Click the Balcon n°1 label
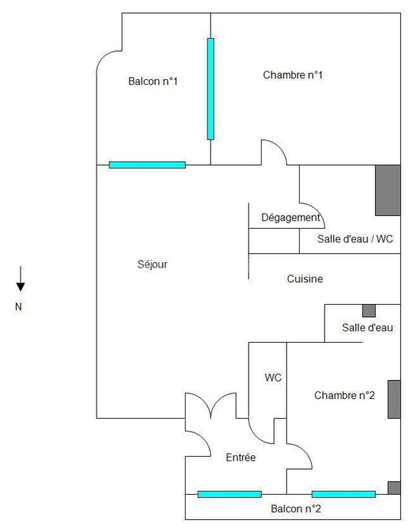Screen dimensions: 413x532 click(153, 81)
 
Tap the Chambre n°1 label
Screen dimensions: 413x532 click(293, 74)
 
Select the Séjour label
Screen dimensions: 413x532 click(152, 264)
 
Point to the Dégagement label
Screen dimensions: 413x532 click(291, 217)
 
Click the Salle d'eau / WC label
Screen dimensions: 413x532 click(355, 239)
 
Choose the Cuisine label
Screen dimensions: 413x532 click(305, 279)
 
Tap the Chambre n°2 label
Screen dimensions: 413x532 click(345, 395)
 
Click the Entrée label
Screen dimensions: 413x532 click(241, 458)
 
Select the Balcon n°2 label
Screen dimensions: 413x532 click(296, 508)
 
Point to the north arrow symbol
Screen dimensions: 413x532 click(21, 279)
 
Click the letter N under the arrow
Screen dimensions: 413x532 click(19, 307)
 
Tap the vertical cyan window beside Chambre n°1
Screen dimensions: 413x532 click(211, 89)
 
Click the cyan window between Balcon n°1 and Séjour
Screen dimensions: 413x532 click(147, 165)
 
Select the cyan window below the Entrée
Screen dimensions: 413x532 click(230, 494)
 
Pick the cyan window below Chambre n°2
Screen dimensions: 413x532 click(344, 494)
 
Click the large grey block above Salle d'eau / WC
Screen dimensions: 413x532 click(388, 190)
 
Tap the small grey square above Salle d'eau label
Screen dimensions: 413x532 click(369, 311)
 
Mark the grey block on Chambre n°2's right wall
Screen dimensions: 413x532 click(394, 399)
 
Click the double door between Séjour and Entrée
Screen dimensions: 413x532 click(211, 405)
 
